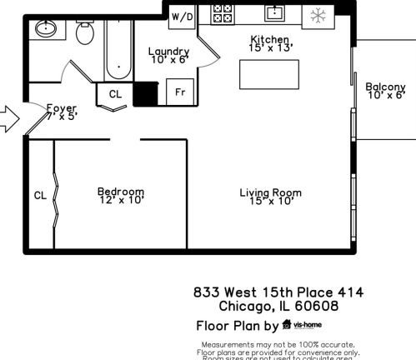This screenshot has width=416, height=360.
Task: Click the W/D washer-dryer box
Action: pyautogui.click(x=182, y=16)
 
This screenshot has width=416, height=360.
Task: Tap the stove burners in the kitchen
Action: pyautogui.click(x=223, y=13)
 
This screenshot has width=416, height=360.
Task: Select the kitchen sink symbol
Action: pyautogui.click(x=276, y=12)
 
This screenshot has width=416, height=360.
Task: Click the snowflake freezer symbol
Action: pyautogui.click(x=318, y=14)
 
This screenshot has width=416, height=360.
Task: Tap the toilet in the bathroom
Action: pyautogui.click(x=85, y=34)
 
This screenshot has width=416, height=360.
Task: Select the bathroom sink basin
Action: pyautogui.click(x=45, y=29)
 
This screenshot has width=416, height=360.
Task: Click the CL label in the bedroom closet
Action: pyautogui.click(x=40, y=196)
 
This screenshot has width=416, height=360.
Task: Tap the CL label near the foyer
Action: pyautogui.click(x=115, y=94)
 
